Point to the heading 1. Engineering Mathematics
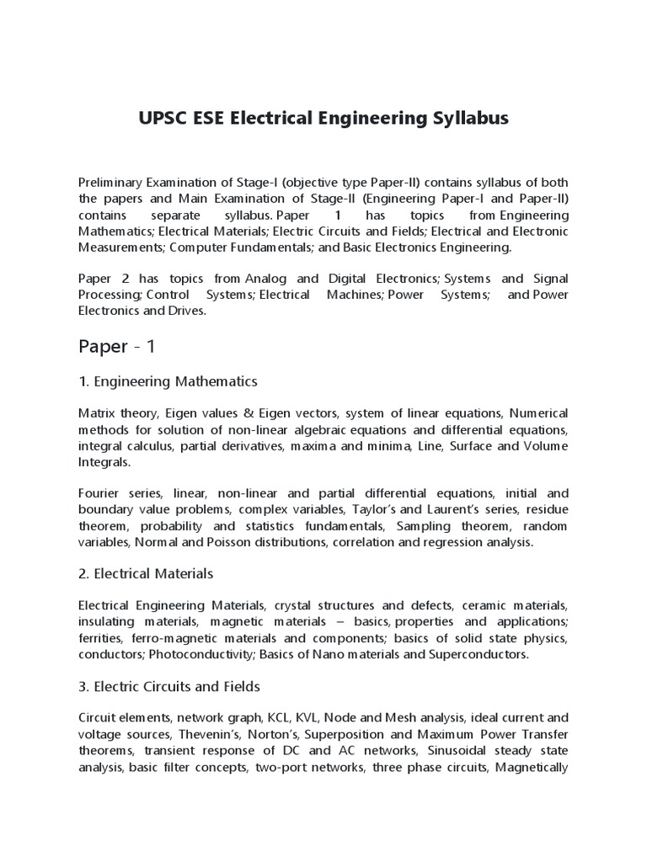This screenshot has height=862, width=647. point(168,381)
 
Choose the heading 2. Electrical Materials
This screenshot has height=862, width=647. point(146,573)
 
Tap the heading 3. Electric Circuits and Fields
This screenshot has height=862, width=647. point(169,686)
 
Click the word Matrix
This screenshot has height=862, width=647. point(95,413)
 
